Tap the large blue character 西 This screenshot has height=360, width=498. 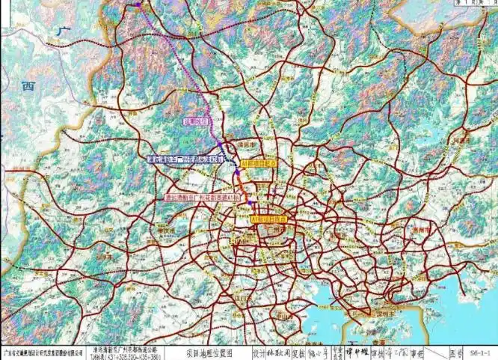28,86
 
